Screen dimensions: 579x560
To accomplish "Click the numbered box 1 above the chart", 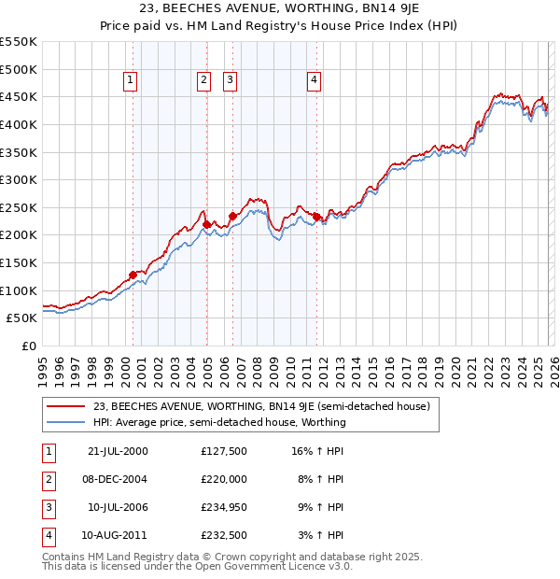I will (x=130, y=81).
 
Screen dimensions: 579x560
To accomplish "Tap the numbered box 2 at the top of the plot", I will (x=203, y=81).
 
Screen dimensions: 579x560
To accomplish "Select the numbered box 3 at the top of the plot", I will (x=230, y=81).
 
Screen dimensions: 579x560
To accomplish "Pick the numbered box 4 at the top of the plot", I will (x=315, y=81).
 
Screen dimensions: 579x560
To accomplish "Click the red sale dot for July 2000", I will (x=133, y=275).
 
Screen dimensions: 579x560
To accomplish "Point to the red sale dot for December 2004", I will (x=206, y=224).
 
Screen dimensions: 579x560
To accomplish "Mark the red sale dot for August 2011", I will (x=317, y=217).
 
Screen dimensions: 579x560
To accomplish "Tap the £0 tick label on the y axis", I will (x=30, y=346).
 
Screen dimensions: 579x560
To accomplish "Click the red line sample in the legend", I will (x=66, y=406).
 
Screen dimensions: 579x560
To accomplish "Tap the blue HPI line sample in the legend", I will (x=66, y=422).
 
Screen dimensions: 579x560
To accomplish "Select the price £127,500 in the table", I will (x=224, y=451).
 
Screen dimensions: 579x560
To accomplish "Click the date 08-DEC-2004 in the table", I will (x=116, y=479).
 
